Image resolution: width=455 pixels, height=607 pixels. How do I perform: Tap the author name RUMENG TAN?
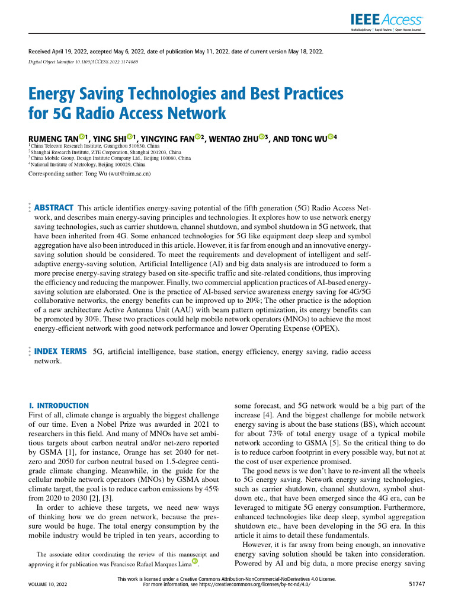click(x=53, y=138)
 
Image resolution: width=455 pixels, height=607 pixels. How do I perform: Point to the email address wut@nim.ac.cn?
click(x=129, y=174)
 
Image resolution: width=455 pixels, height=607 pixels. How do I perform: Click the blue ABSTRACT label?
click(x=54, y=208)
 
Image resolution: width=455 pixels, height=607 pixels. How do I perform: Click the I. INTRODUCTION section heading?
click(x=59, y=406)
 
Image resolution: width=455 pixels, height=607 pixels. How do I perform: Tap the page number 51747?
click(x=416, y=584)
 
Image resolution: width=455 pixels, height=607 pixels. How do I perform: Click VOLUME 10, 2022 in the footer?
click(x=47, y=584)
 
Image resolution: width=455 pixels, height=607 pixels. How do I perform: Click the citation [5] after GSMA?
click(x=343, y=443)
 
